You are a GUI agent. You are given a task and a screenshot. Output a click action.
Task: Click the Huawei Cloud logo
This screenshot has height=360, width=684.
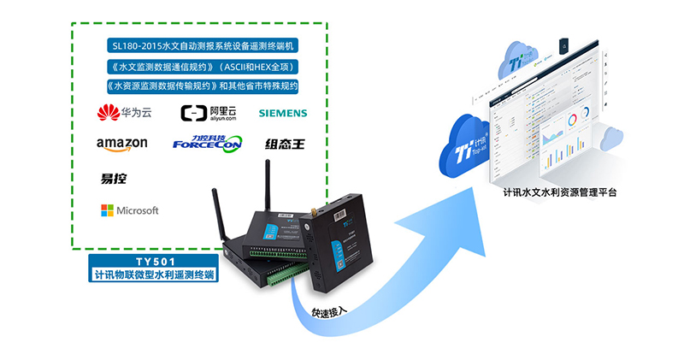pos(123,112)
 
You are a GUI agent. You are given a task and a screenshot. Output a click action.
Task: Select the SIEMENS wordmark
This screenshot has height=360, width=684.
pos(282,113)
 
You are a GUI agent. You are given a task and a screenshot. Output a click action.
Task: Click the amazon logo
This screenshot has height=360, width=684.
pos(122,144)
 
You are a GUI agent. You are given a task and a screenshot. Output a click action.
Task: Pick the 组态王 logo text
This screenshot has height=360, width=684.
pos(283,144)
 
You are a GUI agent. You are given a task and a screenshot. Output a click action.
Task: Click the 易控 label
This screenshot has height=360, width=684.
pos(114,178)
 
